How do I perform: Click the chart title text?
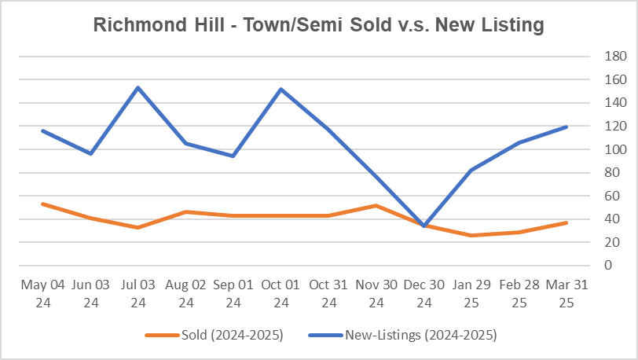pyautogui.click(x=318, y=25)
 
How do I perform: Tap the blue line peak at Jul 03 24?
pyautogui.click(x=138, y=87)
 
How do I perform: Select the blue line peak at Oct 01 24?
pyautogui.click(x=280, y=89)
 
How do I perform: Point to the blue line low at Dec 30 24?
pyautogui.click(x=424, y=226)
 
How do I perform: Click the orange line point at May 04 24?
pyautogui.click(x=42, y=204)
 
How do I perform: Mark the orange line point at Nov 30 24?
pyautogui.click(x=376, y=205)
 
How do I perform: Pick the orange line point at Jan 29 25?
pyautogui.click(x=471, y=235)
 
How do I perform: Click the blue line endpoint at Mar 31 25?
pyautogui.click(x=566, y=127)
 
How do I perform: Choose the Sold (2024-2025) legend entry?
pyautogui.click(x=214, y=336)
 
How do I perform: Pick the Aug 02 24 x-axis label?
pyautogui.click(x=185, y=292)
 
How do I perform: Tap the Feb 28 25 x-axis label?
pyautogui.click(x=519, y=292)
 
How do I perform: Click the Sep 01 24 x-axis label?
pyautogui.click(x=233, y=292)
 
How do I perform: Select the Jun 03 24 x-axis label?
pyautogui.click(x=90, y=292)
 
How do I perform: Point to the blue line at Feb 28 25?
pyautogui.click(x=519, y=142)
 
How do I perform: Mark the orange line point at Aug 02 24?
pyautogui.click(x=185, y=211)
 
